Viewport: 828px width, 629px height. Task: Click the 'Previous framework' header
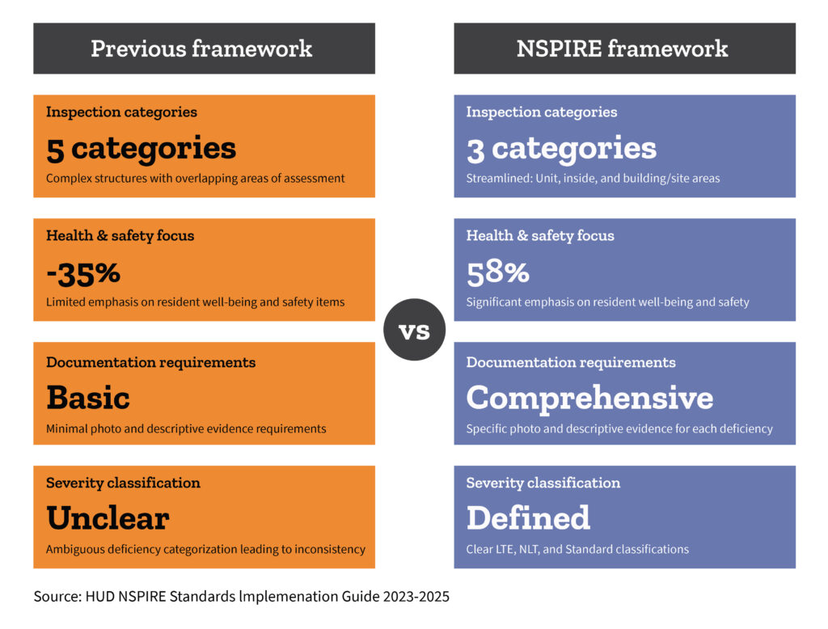(204, 48)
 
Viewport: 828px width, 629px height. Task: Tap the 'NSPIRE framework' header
(625, 48)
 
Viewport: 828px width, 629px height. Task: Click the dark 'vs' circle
(415, 330)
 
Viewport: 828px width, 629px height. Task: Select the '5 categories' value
(141, 149)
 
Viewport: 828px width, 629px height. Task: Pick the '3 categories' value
(561, 149)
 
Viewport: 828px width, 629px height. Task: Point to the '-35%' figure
(83, 273)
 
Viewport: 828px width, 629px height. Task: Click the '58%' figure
(498, 273)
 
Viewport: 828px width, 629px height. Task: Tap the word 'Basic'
(88, 398)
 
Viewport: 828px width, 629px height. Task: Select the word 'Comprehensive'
(589, 399)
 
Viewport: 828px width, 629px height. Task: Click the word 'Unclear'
(108, 518)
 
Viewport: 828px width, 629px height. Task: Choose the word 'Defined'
(528, 518)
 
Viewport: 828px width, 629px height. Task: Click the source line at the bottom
(241, 596)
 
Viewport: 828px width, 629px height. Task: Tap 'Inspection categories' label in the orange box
(121, 112)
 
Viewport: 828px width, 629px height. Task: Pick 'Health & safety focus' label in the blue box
(540, 235)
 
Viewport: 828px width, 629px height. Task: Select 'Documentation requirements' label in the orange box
(150, 362)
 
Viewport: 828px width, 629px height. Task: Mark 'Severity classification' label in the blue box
(543, 483)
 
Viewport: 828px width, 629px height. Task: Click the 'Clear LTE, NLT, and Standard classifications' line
(577, 549)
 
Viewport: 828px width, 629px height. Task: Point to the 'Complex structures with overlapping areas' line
(196, 179)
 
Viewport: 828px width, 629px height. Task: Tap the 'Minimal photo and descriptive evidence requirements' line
(186, 428)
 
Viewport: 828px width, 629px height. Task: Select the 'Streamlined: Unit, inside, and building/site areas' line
(593, 179)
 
